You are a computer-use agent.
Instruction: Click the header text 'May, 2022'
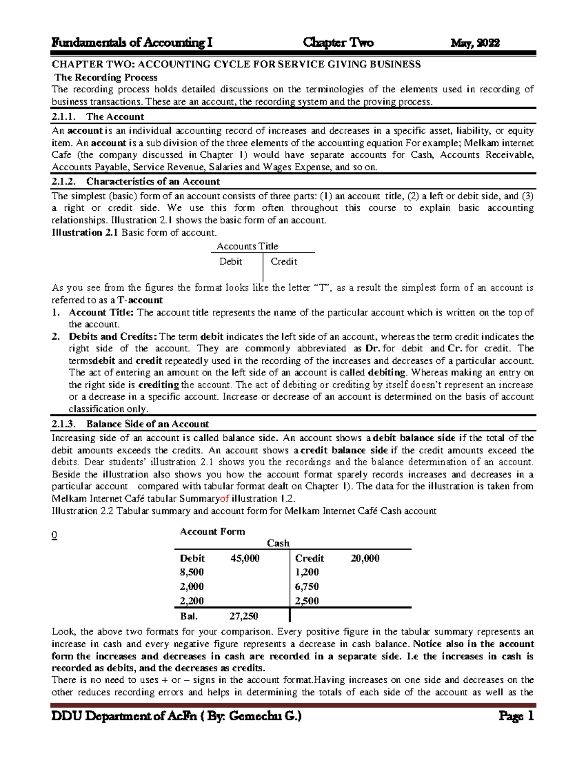point(475,43)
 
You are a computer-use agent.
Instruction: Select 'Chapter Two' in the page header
point(338,43)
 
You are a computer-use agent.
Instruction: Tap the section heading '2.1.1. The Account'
point(98,117)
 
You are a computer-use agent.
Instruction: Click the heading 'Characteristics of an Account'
point(153,182)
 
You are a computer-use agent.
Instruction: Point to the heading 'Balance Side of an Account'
point(147,424)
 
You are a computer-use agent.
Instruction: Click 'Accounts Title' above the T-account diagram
point(247,246)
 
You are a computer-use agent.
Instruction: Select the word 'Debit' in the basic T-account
point(230,262)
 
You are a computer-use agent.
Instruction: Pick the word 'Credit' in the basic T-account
point(284,262)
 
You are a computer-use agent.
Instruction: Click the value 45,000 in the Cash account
point(245,558)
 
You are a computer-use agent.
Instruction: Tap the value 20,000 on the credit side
point(365,558)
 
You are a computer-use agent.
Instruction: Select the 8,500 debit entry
point(191,572)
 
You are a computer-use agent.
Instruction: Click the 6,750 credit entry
point(307,587)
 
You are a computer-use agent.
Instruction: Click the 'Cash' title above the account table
point(278,543)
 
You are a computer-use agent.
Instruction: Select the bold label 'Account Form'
point(212,532)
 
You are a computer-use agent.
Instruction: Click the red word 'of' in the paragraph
point(225,499)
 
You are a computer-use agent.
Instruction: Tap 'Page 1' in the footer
point(516,717)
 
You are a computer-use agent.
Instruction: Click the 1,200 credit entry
point(307,572)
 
